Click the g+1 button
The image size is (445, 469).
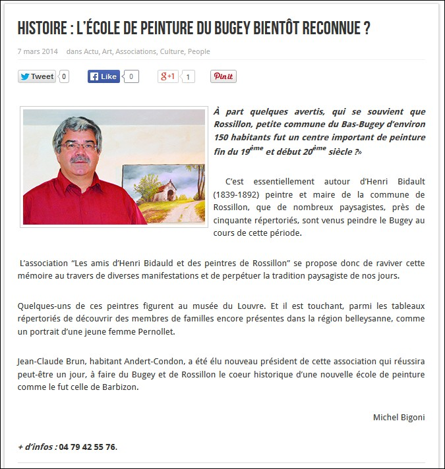168,76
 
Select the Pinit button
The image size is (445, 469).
223,76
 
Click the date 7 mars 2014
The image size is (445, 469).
38,51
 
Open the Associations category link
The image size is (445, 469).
136,51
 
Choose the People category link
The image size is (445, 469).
199,51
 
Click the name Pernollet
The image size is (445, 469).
154,331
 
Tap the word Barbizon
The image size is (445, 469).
121,387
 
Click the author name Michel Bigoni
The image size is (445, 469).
399,417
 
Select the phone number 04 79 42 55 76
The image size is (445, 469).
88,447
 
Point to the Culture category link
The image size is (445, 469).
171,51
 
